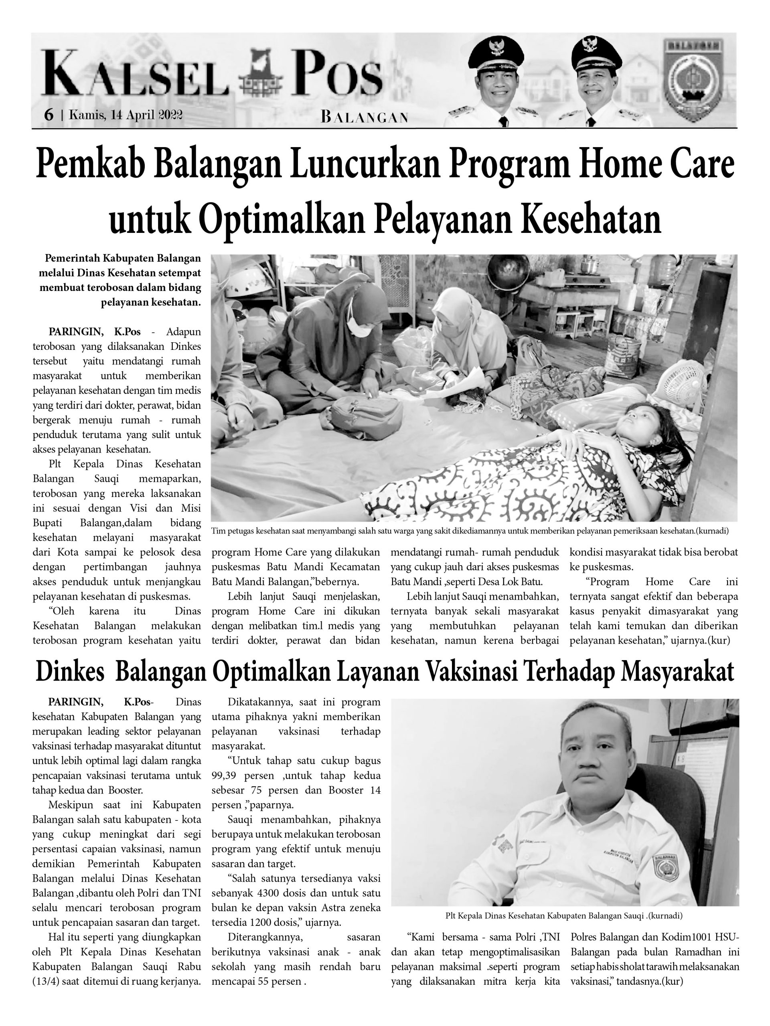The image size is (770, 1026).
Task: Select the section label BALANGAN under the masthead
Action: tap(364, 117)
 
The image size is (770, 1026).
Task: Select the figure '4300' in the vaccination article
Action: tap(269, 893)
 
